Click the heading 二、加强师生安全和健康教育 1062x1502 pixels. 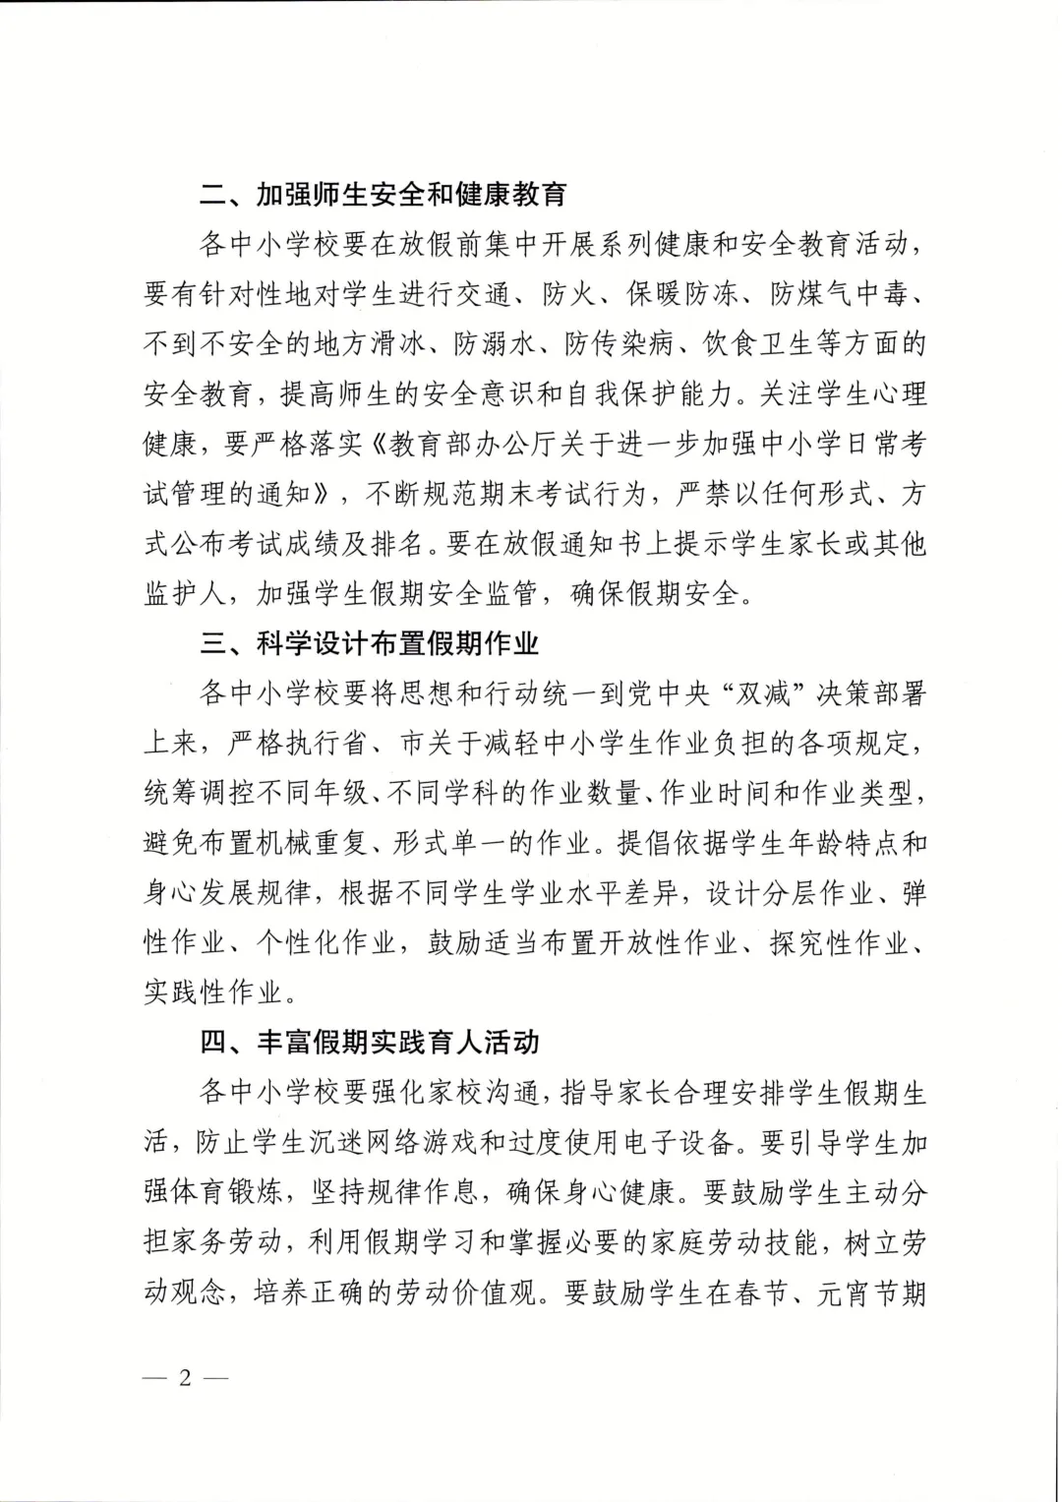pos(383,194)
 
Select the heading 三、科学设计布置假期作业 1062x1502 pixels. pos(370,643)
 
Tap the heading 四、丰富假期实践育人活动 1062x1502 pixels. pos(370,1042)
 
